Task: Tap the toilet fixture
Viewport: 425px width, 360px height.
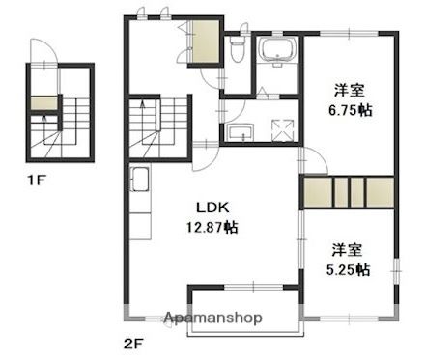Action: pyautogui.click(x=238, y=48)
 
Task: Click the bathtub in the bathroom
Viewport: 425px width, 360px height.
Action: pyautogui.click(x=279, y=50)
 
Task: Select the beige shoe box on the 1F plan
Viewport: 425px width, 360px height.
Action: pyautogui.click(x=42, y=103)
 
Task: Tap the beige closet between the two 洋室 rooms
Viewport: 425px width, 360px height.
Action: pyautogui.click(x=348, y=193)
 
